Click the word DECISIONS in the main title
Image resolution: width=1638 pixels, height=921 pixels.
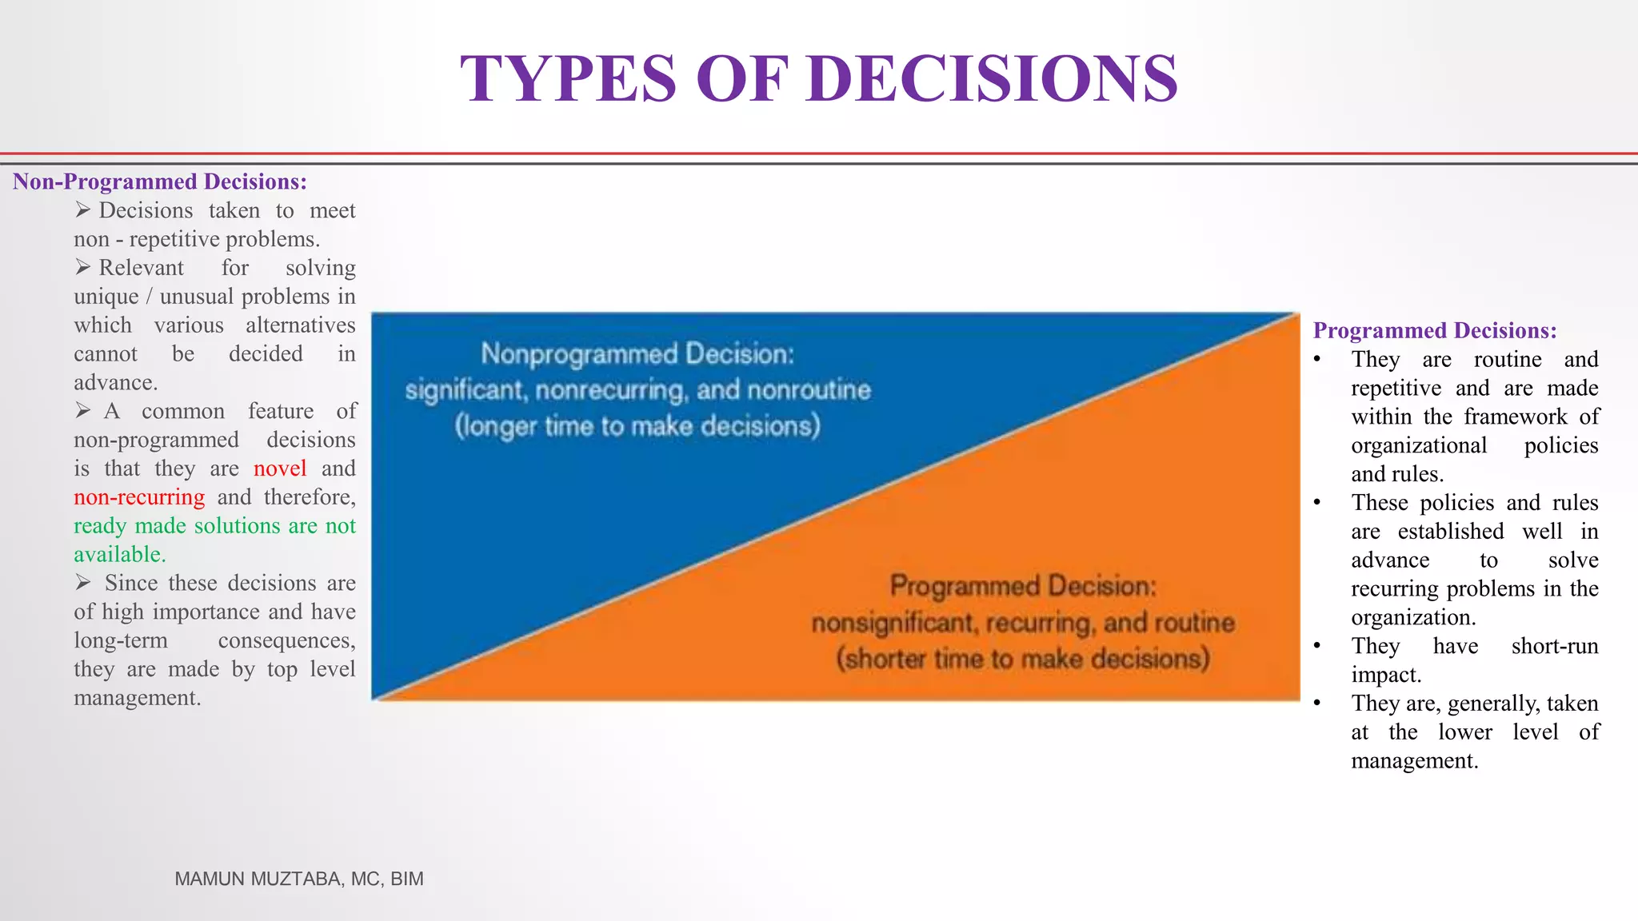tap(992, 78)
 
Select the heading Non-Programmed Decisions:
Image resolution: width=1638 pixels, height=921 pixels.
tap(160, 181)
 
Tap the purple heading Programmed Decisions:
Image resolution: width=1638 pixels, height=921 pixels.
tap(1435, 330)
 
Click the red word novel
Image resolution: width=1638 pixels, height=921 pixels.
tap(280, 468)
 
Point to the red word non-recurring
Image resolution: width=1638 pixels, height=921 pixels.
tap(139, 497)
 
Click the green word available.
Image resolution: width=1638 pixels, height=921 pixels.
tap(119, 555)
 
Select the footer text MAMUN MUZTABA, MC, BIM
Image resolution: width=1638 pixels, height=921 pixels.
tap(299, 879)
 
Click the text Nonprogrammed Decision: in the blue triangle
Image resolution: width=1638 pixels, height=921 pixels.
tap(637, 353)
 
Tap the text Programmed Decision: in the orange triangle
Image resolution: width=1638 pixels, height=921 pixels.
tap(1023, 586)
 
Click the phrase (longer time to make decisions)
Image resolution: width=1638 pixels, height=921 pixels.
tap(637, 425)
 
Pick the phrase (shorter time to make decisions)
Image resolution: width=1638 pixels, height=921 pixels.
tap(1023, 659)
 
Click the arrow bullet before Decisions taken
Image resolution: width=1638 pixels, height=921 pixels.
tap(83, 210)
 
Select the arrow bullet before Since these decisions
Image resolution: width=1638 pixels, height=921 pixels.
tap(83, 583)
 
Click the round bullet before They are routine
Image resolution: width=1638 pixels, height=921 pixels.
tap(1317, 359)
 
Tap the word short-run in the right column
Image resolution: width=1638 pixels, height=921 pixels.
tap(1554, 646)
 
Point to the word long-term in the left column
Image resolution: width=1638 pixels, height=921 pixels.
tap(121, 640)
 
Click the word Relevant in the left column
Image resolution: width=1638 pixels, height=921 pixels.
tap(141, 268)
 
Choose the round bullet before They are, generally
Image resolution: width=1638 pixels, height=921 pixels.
tap(1317, 703)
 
